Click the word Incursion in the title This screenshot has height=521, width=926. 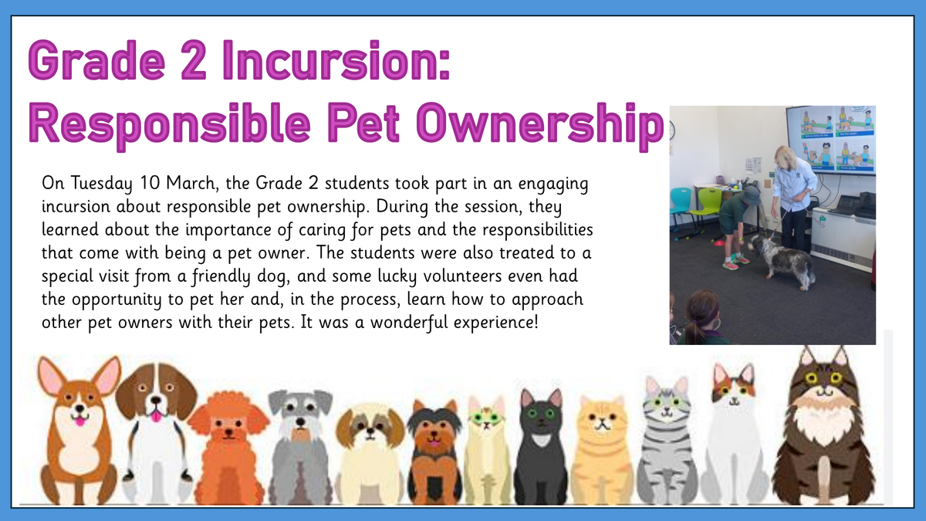click(336, 60)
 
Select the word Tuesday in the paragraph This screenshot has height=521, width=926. click(102, 184)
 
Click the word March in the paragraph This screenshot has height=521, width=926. click(192, 183)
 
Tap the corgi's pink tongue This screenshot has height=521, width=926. click(79, 421)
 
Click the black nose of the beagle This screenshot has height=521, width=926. click(156, 400)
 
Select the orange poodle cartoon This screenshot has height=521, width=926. click(228, 448)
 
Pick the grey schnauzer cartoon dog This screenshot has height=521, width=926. click(300, 447)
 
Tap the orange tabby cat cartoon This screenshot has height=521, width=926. click(602, 450)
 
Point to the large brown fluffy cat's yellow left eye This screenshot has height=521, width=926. click(811, 377)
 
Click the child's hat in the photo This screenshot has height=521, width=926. click(750, 195)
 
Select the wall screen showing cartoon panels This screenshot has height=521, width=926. click(832, 140)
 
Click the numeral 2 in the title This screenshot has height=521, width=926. click(193, 60)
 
